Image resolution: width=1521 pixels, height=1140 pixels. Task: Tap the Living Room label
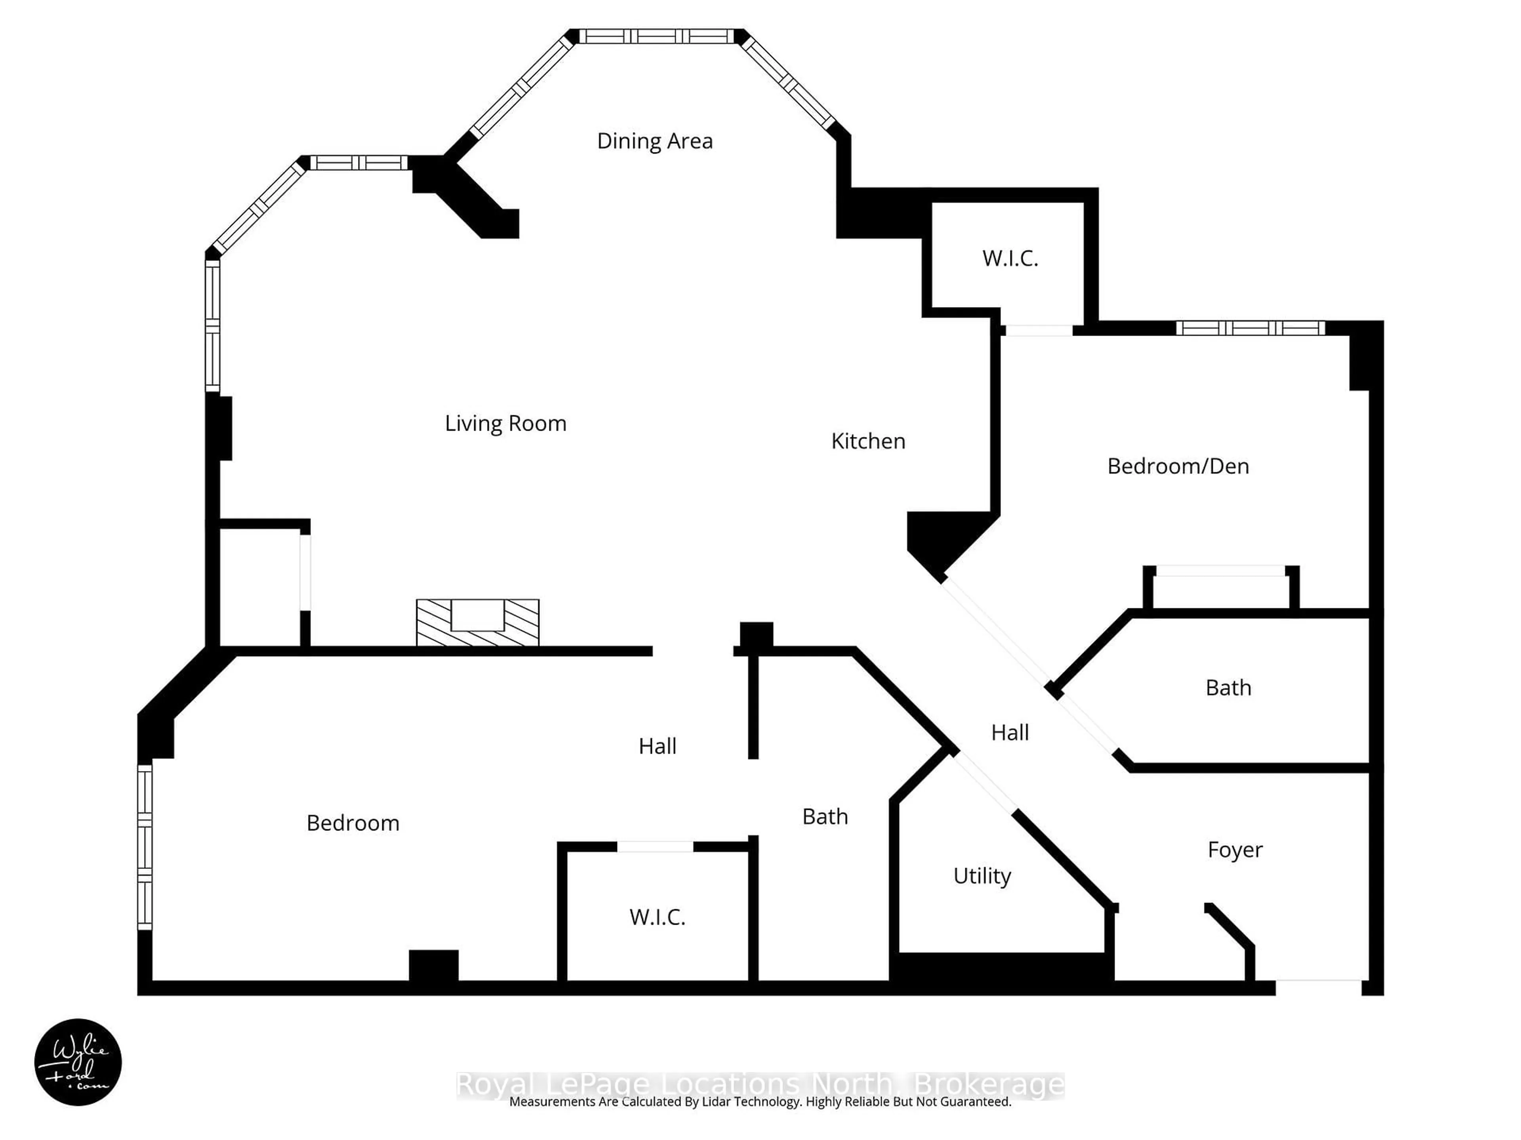point(505,423)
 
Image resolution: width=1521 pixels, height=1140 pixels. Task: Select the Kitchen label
point(868,441)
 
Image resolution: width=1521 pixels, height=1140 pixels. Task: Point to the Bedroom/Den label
point(1178,467)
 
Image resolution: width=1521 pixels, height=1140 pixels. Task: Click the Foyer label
point(1235,850)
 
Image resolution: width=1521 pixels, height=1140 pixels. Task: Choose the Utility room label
point(982,876)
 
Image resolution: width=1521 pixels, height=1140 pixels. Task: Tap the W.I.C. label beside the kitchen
point(1009,258)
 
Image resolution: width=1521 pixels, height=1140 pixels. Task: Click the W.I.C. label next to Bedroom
point(657,918)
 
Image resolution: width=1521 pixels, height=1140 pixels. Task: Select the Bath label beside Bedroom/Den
point(1228,688)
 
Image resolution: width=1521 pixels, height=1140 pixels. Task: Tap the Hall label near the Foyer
point(1009,733)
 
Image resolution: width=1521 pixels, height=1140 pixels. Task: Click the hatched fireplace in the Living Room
point(477,623)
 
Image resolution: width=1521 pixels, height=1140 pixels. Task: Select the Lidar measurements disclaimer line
point(760,1102)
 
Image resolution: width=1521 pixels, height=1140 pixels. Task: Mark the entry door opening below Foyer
point(1318,988)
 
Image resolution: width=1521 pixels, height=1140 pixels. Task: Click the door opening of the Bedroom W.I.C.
point(655,847)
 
